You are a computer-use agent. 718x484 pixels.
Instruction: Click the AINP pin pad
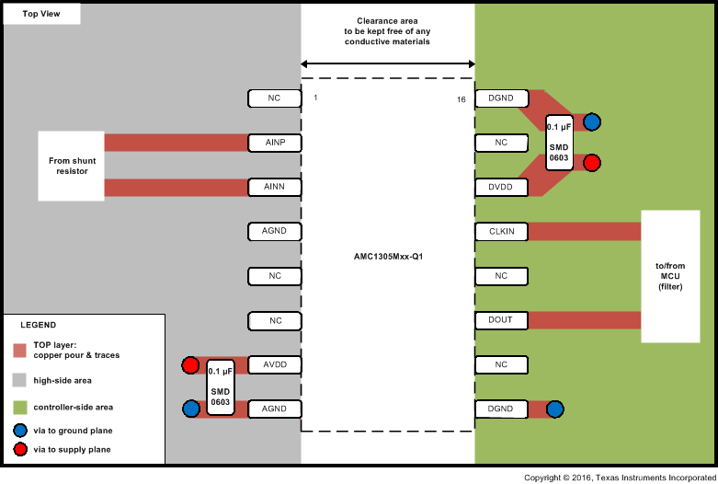[274, 143]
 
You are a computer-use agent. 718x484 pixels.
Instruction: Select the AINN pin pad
[274, 187]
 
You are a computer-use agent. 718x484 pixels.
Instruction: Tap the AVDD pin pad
[274, 364]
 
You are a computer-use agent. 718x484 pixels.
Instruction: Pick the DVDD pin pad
[501, 187]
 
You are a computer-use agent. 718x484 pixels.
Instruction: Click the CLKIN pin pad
[501, 231]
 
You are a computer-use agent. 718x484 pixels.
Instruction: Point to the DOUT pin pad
[501, 320]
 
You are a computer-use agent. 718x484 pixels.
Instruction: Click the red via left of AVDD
[190, 365]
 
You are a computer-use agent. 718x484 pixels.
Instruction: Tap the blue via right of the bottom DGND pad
[554, 409]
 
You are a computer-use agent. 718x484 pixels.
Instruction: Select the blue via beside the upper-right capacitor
[592, 121]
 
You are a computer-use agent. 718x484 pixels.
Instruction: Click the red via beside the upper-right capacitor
[592, 163]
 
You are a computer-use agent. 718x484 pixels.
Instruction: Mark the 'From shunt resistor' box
[72, 166]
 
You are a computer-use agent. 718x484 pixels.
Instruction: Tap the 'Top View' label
[41, 15]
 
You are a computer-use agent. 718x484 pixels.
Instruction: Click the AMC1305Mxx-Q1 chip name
[387, 257]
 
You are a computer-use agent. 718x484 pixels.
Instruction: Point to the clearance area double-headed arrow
[387, 63]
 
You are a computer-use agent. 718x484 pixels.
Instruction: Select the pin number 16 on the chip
[462, 98]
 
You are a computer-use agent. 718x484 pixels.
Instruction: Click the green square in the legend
[19, 407]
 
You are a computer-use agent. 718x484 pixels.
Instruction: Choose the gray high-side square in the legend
[19, 379]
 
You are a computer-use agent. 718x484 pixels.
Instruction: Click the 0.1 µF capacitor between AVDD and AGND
[221, 386]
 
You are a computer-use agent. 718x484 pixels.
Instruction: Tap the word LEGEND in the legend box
[38, 325]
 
